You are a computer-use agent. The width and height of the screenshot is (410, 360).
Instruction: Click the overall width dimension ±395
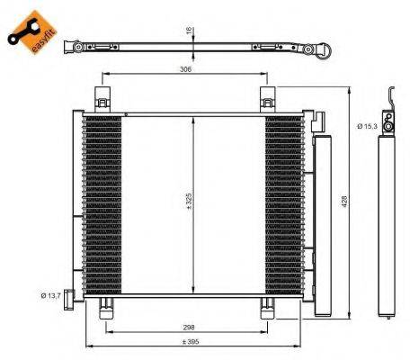click(x=188, y=343)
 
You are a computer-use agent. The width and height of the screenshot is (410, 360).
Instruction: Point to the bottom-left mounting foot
click(x=105, y=309)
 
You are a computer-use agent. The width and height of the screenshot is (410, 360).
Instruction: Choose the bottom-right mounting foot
click(x=267, y=309)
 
